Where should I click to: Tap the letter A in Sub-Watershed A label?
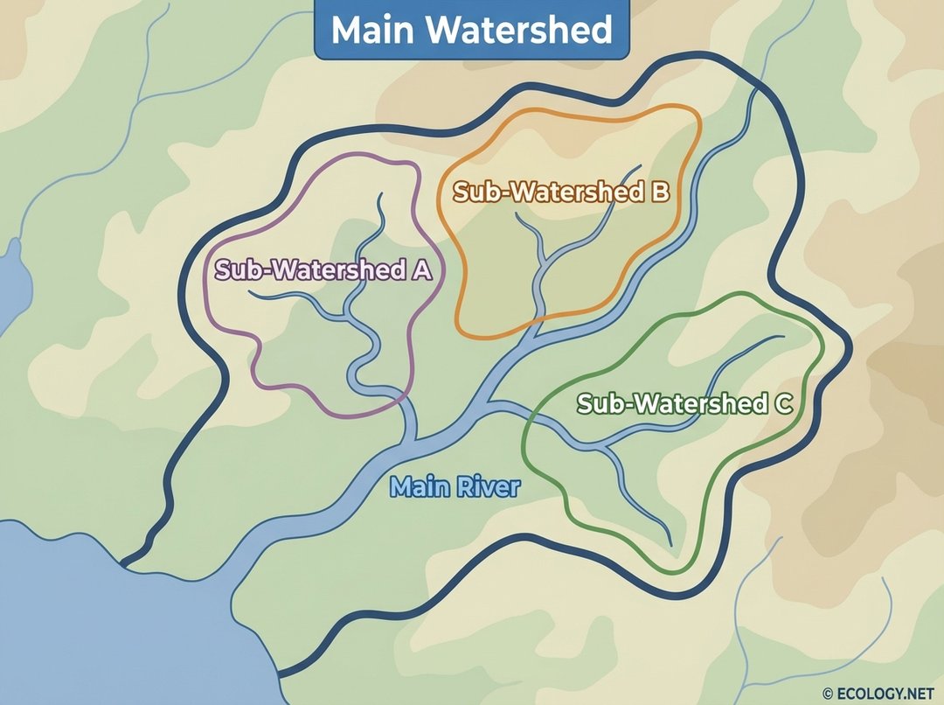(421, 270)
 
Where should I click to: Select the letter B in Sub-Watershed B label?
(658, 192)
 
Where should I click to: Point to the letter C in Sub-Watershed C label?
(782, 404)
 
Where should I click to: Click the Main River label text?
(455, 487)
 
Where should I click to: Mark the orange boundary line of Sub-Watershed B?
(698, 140)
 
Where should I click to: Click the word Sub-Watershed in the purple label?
(310, 270)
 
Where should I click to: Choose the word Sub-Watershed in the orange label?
(548, 192)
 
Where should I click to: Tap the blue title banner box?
(472, 31)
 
